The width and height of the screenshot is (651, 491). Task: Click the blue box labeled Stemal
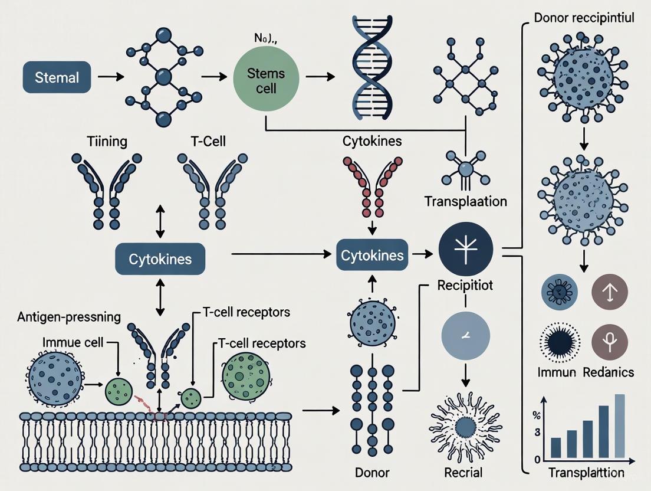click(57, 77)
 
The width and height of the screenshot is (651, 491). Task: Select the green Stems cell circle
click(266, 80)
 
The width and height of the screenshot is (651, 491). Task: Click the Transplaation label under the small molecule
click(465, 202)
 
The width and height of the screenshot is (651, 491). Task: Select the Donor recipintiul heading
click(583, 17)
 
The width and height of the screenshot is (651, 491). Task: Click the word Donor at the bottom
click(372, 472)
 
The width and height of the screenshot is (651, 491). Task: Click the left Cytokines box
click(161, 259)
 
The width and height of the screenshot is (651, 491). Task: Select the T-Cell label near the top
click(205, 142)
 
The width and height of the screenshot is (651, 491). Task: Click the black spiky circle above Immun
click(560, 341)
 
